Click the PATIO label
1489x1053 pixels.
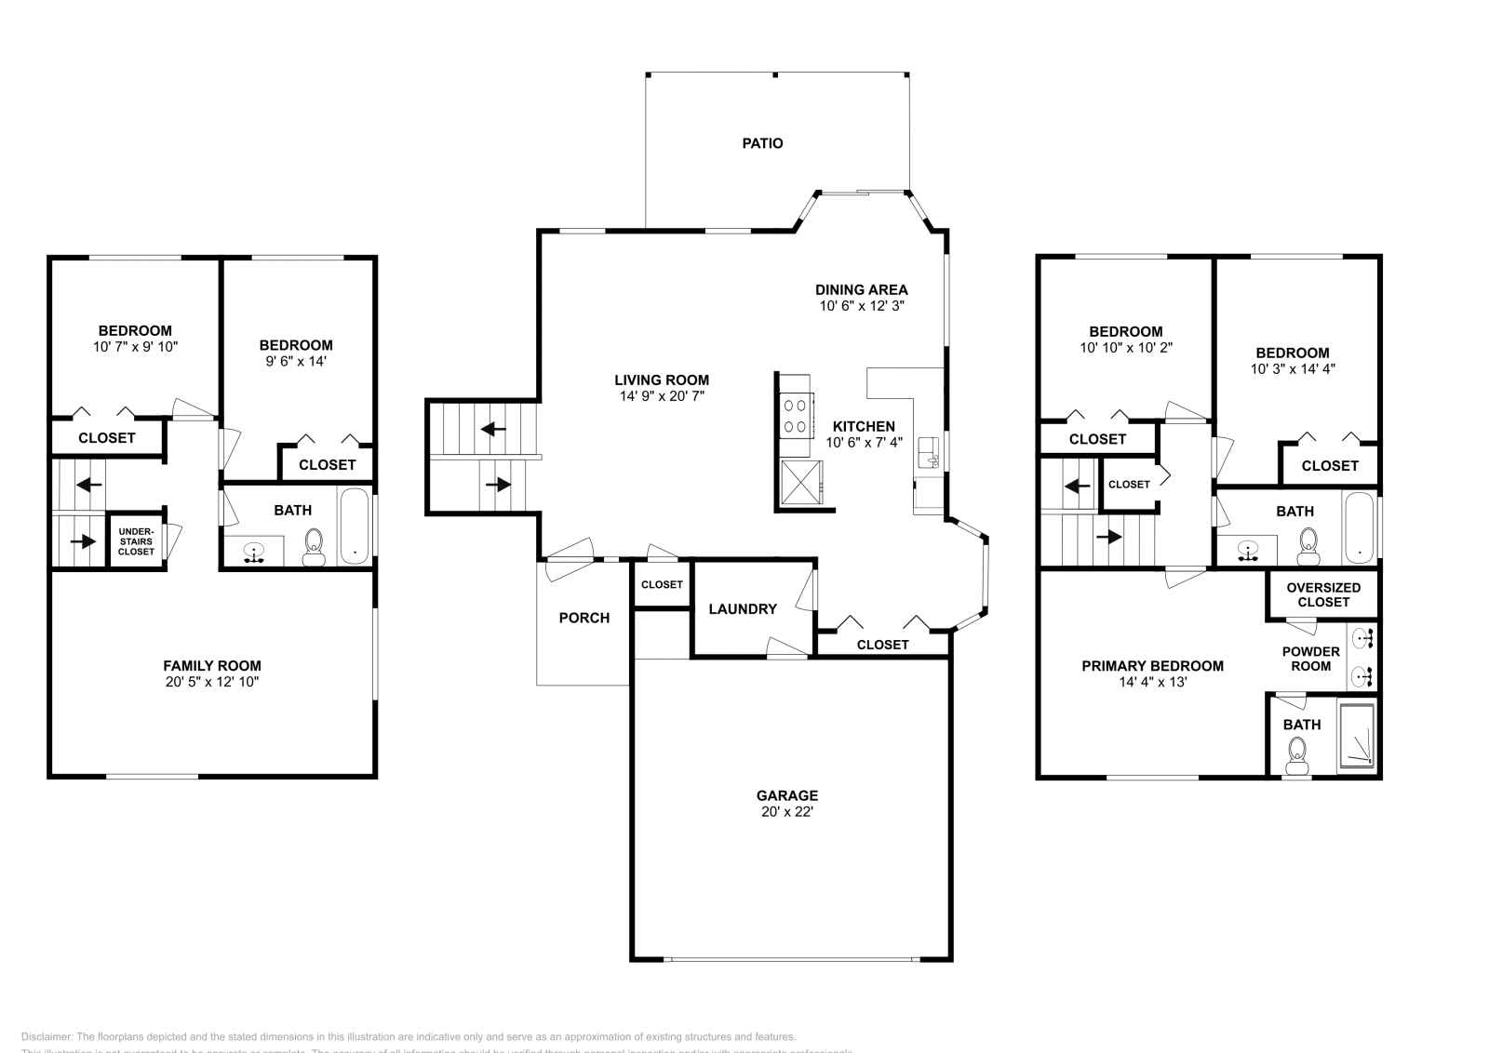762,143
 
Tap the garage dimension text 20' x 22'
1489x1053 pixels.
786,811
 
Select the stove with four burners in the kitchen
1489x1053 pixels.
796,416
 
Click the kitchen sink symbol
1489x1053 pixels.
929,453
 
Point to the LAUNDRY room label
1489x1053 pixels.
742,609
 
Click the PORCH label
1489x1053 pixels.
584,618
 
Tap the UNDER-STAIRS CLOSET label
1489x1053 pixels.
136,541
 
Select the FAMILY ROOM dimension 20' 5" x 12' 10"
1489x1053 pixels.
211,682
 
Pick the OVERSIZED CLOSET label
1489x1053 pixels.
1322,594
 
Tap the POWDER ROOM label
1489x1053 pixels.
1310,659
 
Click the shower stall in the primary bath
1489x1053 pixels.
1356,739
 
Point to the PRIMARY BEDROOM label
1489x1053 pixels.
1152,666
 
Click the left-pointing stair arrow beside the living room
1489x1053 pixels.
493,430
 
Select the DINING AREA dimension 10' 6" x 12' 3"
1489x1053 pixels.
861,305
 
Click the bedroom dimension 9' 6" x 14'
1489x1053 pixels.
295,361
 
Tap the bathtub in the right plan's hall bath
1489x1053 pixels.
1360,527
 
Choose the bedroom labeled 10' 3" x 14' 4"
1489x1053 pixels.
1292,360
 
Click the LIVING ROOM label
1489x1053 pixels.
661,380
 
